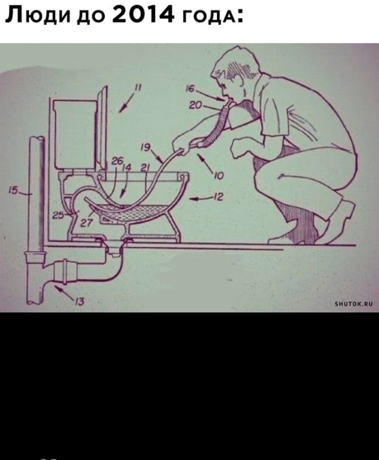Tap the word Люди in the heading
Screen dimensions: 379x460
(38, 15)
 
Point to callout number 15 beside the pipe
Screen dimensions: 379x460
(13, 190)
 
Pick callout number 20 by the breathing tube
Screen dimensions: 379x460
(195, 105)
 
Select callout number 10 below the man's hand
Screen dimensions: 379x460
(219, 175)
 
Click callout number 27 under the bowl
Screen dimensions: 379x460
(86, 223)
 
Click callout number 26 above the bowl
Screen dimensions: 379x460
(117, 161)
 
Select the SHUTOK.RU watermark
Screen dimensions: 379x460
(354, 304)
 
